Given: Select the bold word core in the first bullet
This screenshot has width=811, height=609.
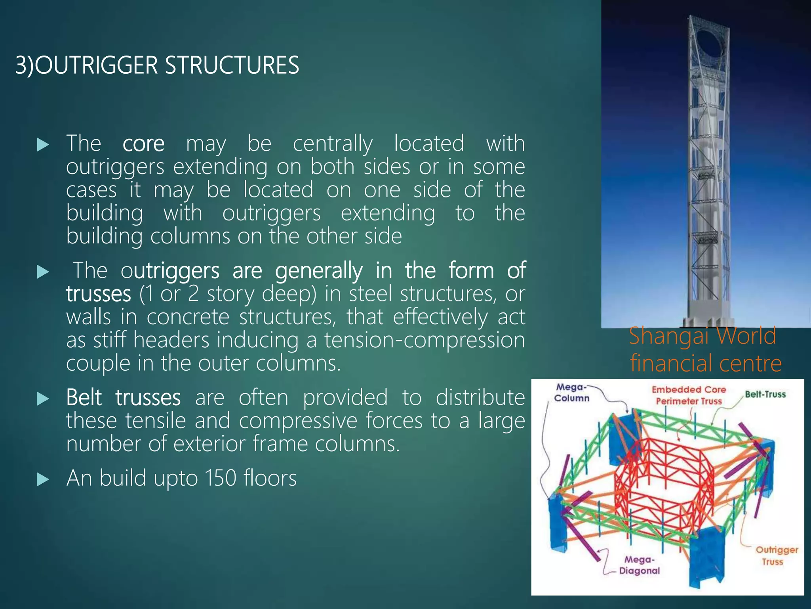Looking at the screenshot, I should (143, 144).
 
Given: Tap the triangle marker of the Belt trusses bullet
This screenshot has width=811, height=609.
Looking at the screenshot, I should (42, 399).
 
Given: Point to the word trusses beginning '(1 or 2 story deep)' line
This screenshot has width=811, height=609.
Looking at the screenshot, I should (98, 294).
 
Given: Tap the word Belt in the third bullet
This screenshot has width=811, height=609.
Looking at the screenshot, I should (84, 397).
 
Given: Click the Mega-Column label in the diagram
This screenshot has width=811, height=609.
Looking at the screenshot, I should (571, 393).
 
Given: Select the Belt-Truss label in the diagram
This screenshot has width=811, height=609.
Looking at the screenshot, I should (765, 394).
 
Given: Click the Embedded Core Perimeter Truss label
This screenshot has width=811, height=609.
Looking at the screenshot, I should (689, 395).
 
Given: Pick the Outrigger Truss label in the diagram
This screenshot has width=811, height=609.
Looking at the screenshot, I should (777, 555).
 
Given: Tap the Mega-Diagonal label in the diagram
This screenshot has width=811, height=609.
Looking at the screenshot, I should (639, 565).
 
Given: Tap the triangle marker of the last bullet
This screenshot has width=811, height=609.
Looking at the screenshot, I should (42, 480).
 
